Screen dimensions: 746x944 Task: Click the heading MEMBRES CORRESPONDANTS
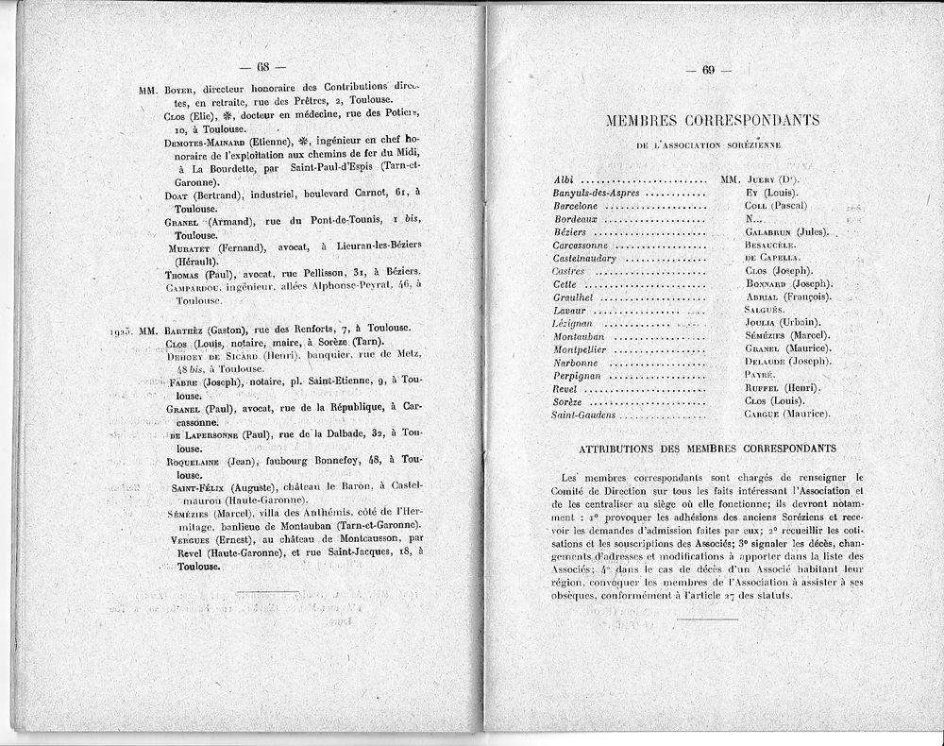pos(699,120)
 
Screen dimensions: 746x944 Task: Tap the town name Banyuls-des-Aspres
pos(596,192)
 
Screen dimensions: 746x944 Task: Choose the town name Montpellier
pos(579,348)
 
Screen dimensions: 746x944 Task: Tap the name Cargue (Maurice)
pos(786,414)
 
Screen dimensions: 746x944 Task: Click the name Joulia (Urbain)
pos(781,322)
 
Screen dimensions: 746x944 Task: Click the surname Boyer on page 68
pos(180,88)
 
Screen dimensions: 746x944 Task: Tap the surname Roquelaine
pos(197,461)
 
